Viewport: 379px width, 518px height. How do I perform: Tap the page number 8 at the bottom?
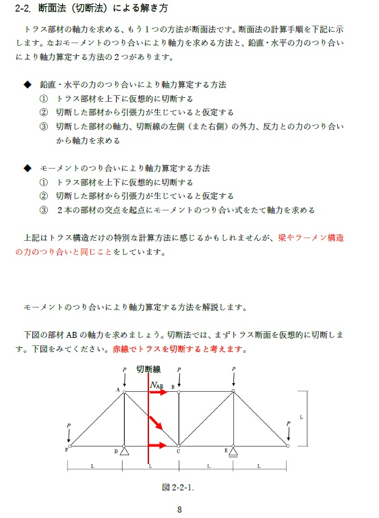click(179, 510)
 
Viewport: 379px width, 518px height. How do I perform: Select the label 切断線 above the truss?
click(148, 369)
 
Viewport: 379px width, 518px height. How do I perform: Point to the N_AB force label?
click(156, 385)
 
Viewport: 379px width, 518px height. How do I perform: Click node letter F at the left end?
click(66, 449)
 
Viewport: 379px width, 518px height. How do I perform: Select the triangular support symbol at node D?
click(124, 451)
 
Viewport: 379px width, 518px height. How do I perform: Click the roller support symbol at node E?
click(233, 451)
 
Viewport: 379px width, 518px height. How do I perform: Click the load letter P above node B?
click(179, 370)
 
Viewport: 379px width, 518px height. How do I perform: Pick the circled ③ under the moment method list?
click(44, 210)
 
